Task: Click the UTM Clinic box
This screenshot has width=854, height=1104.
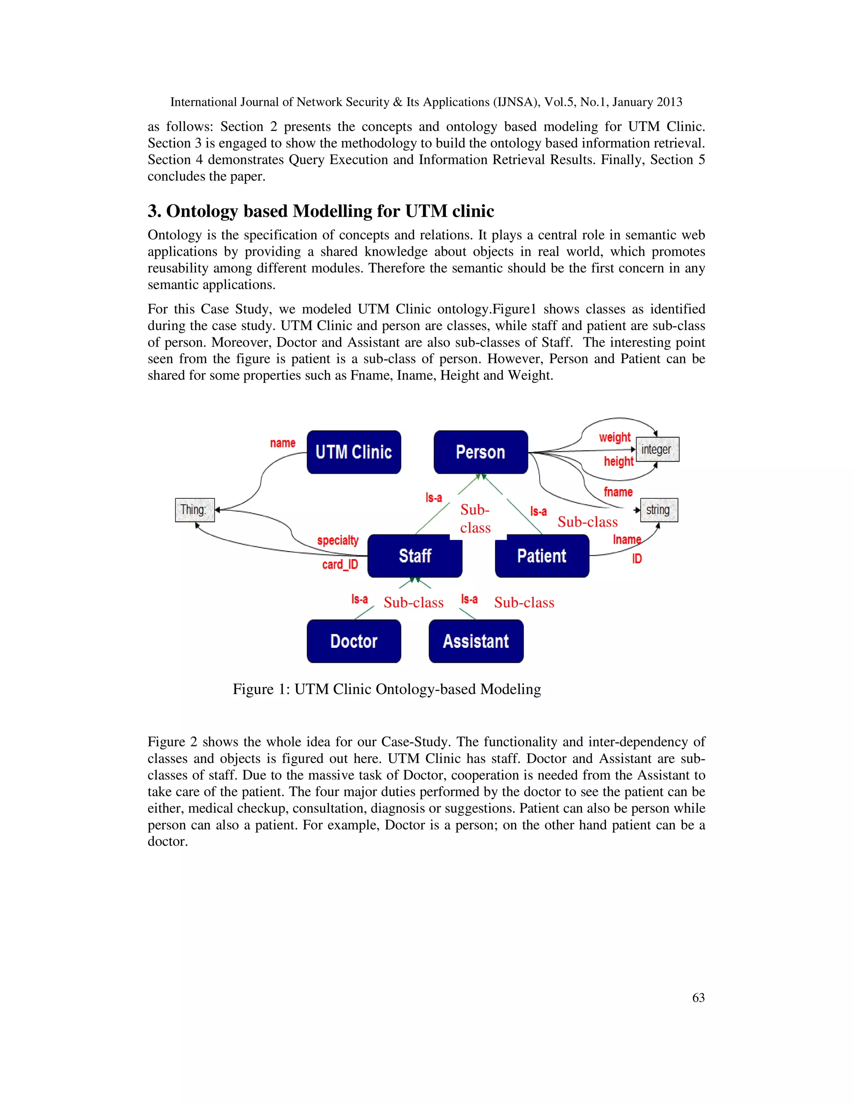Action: [x=354, y=452]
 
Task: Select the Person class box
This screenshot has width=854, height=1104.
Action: [x=481, y=452]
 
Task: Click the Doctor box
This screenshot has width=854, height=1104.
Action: [x=354, y=641]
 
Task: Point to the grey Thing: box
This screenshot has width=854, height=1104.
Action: [x=195, y=510]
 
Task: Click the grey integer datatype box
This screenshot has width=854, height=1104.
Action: [x=657, y=450]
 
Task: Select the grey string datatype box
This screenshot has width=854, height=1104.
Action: [x=659, y=510]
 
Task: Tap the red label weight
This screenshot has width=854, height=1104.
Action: [x=615, y=437]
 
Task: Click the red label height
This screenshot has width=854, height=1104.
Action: [x=618, y=461]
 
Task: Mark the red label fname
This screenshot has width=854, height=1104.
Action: [x=618, y=492]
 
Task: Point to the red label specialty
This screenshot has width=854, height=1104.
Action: [x=337, y=540]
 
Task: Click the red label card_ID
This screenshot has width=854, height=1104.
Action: [x=340, y=564]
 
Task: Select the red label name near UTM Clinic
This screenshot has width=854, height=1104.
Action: [x=282, y=443]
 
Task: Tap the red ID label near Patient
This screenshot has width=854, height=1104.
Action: [x=636, y=559]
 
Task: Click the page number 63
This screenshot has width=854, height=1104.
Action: [x=698, y=997]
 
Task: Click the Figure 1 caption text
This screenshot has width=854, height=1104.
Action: [x=387, y=689]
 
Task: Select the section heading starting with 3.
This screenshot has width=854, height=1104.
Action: [x=321, y=211]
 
